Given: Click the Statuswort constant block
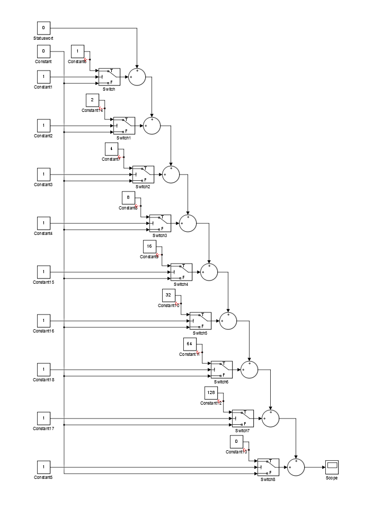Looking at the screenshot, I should [43, 28].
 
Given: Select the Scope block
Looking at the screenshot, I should [332, 467].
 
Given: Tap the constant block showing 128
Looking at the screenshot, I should [211, 393].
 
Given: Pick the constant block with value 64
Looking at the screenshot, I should [190, 344].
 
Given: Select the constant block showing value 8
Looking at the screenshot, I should [128, 198].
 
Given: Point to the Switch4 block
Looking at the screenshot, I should [181, 272].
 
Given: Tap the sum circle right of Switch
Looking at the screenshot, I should [137, 77].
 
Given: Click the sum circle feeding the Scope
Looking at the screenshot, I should [296, 467].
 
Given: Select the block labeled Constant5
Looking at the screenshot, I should [43, 467].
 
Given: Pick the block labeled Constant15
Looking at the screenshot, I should [43, 272].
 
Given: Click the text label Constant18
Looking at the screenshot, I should [43, 380].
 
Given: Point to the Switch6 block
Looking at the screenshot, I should [221, 370].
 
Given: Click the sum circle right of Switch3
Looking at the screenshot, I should [188, 223].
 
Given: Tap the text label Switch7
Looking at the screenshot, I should [242, 431].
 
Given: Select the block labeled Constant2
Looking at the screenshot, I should [43, 126].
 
